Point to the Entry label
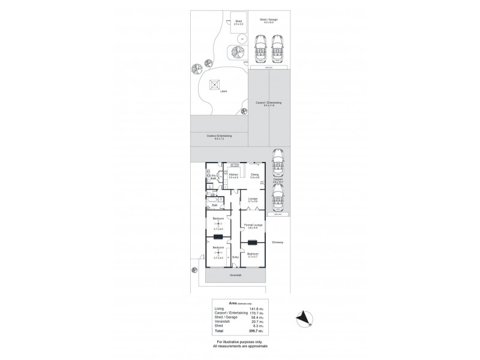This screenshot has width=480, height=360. (x=236, y=257)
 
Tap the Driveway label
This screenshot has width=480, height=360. (x=277, y=242)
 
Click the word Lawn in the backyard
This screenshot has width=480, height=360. (x=223, y=91)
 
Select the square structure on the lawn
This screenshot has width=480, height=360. (x=214, y=85)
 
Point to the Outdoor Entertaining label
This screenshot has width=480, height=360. (x=219, y=136)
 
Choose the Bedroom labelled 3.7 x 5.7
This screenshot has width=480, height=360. (x=253, y=255)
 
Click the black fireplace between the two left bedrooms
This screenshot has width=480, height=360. (x=218, y=237)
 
